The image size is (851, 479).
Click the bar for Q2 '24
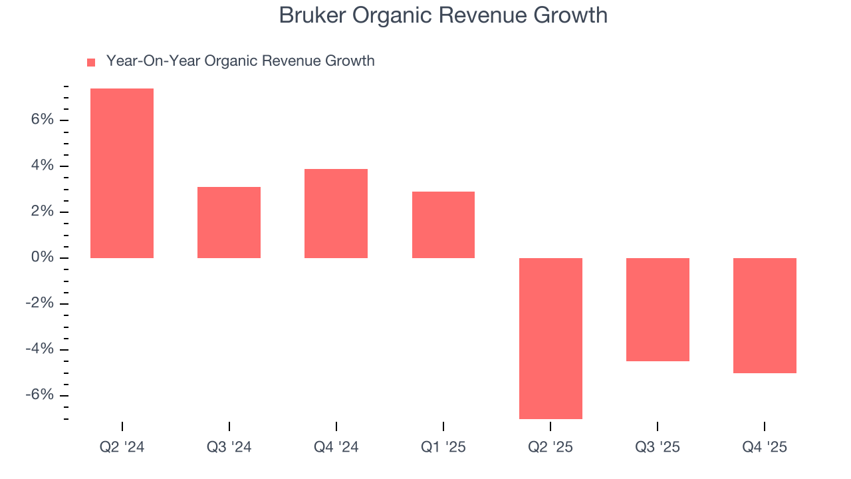click(122, 173)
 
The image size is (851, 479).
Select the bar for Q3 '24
click(229, 222)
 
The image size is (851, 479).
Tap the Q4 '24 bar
click(336, 213)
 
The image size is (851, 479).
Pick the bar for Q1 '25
click(443, 224)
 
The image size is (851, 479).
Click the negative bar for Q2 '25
click(550, 338)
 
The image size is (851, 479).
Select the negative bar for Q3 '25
click(658, 309)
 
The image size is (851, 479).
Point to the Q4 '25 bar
click(765, 315)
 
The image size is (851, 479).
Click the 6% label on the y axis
click(41, 120)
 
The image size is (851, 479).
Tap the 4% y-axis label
click(41, 166)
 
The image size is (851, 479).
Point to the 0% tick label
click(41, 257)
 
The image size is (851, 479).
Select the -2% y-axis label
click(39, 303)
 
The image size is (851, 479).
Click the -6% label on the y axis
click(39, 395)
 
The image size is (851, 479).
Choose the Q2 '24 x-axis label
click(122, 447)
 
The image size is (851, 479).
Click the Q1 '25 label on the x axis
click(443, 447)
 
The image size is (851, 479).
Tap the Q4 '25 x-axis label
click(765, 447)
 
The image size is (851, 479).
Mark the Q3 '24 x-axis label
click(229, 447)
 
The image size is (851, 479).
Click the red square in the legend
click(91, 63)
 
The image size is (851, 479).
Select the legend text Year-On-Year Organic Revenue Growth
click(240, 61)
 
